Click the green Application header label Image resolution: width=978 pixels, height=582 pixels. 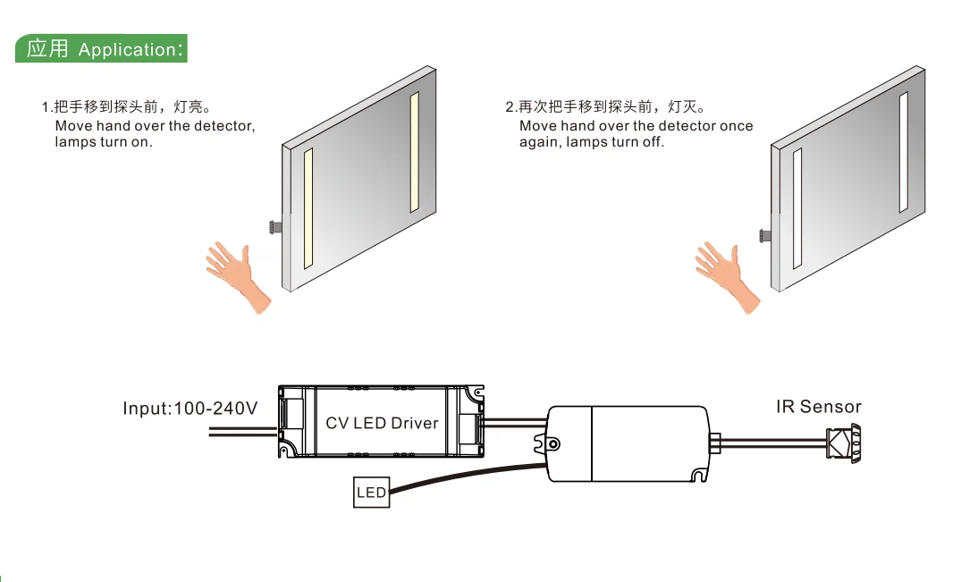(101, 48)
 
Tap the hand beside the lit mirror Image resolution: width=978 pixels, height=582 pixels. (236, 274)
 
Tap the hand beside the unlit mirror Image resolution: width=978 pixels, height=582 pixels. (725, 274)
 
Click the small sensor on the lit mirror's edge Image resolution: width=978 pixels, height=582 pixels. (275, 227)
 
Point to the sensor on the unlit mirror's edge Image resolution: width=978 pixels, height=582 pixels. (764, 236)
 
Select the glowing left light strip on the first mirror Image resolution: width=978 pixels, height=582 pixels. (308, 208)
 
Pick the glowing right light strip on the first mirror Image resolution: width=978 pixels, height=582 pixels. (414, 152)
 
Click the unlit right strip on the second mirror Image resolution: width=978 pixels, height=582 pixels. (903, 152)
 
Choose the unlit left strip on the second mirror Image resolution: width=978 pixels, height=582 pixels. (797, 208)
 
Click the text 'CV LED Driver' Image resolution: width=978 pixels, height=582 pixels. (382, 423)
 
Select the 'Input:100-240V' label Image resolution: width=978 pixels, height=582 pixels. (190, 408)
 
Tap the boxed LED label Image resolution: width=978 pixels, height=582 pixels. (371, 493)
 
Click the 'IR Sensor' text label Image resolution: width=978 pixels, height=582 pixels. (818, 407)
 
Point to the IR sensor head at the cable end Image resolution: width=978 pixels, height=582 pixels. (843, 443)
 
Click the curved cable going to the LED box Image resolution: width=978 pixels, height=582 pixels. (467, 476)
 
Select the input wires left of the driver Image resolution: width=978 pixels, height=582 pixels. (242, 431)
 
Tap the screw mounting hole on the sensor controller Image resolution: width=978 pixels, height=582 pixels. (552, 444)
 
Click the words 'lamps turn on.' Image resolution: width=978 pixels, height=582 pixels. (104, 142)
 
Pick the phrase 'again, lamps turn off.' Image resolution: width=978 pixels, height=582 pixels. (591, 142)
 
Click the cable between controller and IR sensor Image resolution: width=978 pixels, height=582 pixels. (773, 443)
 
